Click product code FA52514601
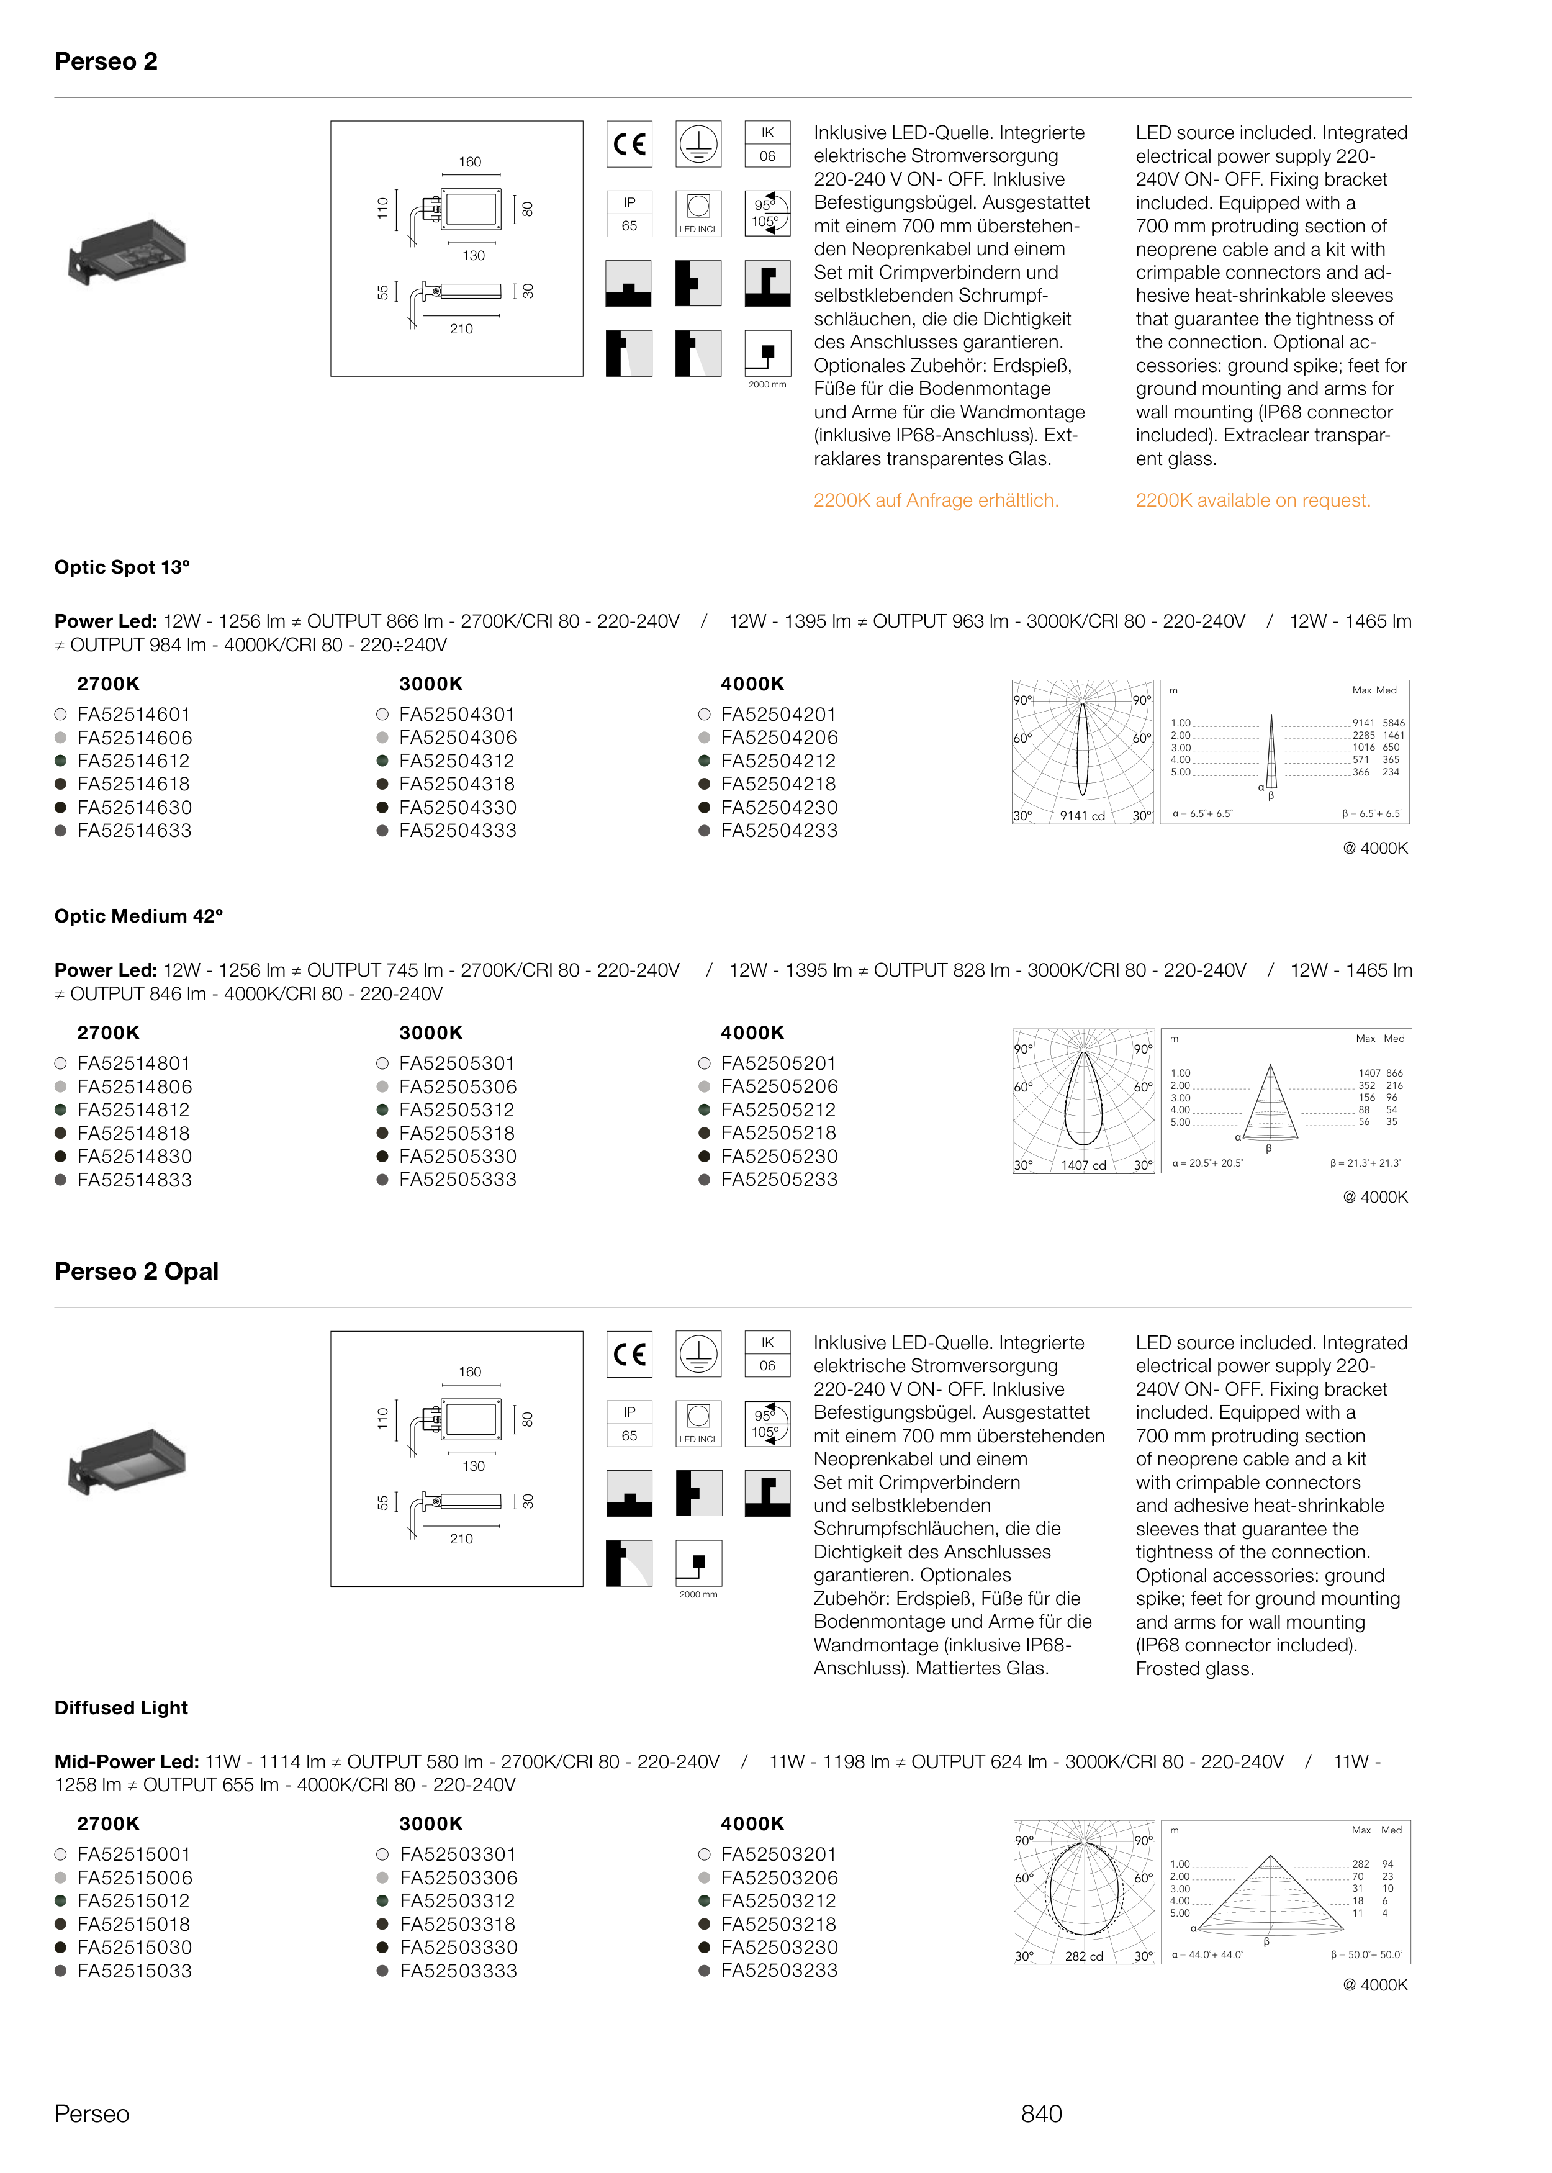click(x=134, y=715)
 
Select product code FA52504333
click(x=458, y=831)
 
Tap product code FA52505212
click(x=779, y=1109)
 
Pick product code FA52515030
click(x=134, y=1948)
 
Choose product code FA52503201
click(x=779, y=1854)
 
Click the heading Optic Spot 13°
click(x=122, y=567)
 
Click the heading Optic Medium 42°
click(x=138, y=916)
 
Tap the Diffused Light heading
click(x=122, y=1707)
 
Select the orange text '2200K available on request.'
click(x=1253, y=501)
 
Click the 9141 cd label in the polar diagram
click(x=1082, y=815)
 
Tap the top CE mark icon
click(x=629, y=144)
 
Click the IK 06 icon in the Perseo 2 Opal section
click(x=767, y=1354)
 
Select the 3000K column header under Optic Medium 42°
click(x=431, y=1033)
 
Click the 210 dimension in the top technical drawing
click(x=462, y=328)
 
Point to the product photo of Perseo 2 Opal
click(x=127, y=1461)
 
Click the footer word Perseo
click(x=92, y=2114)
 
